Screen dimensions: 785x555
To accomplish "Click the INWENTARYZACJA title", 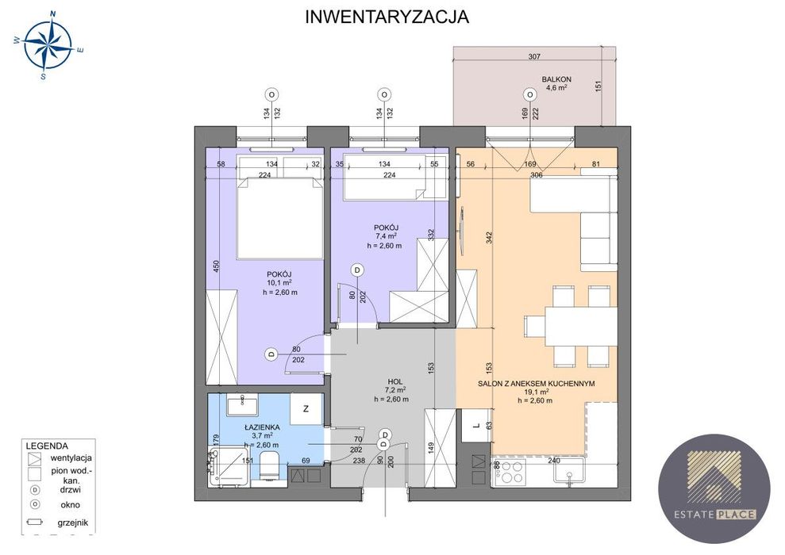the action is [387, 17].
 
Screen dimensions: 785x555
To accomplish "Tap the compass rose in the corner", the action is [48, 44].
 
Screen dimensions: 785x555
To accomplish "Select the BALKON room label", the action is [556, 79].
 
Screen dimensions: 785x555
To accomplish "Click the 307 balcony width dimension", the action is [534, 56].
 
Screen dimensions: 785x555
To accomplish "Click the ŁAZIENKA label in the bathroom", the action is [262, 427].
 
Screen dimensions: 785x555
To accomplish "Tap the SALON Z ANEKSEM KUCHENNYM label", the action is [536, 384].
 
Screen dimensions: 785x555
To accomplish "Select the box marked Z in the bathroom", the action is [306, 408].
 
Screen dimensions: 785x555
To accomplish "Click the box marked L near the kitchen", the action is [476, 426].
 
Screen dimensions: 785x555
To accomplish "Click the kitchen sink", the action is [569, 472].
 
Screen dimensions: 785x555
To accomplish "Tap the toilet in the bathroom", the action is [268, 468].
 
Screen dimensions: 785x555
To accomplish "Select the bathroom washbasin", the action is [242, 405].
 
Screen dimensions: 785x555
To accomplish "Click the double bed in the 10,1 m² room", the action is [279, 218].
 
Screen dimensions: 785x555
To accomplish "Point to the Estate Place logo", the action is [714, 488].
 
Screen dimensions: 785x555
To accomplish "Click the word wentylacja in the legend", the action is [71, 457].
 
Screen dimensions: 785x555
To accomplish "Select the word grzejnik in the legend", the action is [72, 522].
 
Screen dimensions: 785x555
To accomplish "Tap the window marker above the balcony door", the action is [529, 94].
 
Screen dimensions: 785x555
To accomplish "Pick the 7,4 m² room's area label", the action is [387, 236].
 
